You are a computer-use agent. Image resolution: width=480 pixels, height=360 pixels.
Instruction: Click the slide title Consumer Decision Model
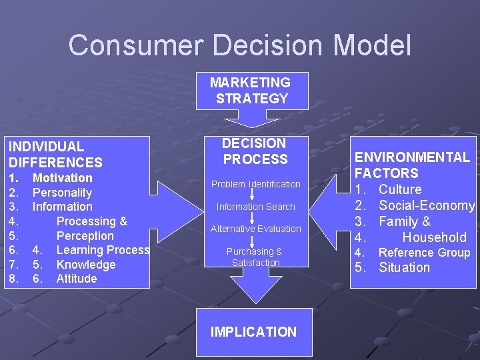[x=240, y=45]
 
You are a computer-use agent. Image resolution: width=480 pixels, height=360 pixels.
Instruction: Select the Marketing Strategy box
[x=251, y=91]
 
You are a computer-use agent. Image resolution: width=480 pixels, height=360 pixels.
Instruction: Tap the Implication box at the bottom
[x=253, y=332]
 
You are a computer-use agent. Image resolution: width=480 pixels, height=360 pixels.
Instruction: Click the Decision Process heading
[x=255, y=151]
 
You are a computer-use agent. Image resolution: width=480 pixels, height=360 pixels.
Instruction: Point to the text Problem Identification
[x=256, y=184]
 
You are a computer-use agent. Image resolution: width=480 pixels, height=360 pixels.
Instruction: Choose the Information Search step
[x=255, y=207]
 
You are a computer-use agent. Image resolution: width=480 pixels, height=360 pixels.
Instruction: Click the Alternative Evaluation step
[x=256, y=229]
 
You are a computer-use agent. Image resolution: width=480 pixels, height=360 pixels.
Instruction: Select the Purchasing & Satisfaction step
[x=255, y=257]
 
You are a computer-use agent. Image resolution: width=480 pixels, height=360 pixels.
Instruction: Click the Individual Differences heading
[x=55, y=154]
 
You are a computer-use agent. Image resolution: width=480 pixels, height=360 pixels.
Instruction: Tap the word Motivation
[x=63, y=178]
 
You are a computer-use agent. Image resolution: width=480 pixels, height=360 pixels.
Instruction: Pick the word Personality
[x=63, y=193]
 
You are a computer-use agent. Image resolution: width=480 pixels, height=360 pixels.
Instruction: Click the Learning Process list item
[x=103, y=250]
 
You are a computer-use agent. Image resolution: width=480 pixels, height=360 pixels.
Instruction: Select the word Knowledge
[x=86, y=265]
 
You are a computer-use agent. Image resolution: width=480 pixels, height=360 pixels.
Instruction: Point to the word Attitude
[x=77, y=279]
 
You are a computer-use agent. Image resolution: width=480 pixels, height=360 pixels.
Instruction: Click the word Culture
[x=400, y=189]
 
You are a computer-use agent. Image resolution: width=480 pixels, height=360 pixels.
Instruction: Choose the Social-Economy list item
[x=426, y=205]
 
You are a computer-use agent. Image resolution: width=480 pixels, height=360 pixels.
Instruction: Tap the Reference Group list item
[x=424, y=253]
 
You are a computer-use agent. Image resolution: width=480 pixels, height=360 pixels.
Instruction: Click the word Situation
[x=404, y=268]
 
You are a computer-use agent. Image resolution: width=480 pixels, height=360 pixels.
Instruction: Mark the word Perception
[x=85, y=236]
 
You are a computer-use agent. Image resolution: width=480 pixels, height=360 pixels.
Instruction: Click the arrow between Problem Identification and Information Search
[x=253, y=195]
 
